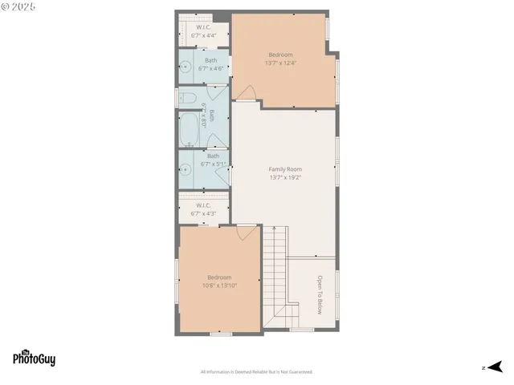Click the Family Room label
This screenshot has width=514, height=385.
(x=285, y=169)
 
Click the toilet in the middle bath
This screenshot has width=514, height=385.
(x=187, y=98)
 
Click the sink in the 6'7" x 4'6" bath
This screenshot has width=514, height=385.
(x=184, y=68)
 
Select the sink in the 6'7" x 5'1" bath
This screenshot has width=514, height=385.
(x=185, y=168)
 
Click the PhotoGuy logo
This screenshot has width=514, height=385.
(x=34, y=359)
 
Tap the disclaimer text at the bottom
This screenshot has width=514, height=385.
(x=256, y=372)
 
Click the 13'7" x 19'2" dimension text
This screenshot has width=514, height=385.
(x=285, y=177)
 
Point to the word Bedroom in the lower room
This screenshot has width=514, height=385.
(x=218, y=278)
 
